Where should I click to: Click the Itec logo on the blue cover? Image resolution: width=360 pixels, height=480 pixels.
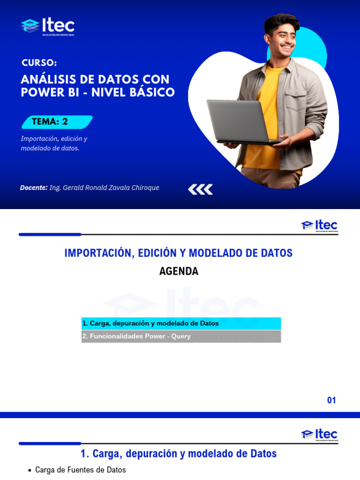tap(48, 26)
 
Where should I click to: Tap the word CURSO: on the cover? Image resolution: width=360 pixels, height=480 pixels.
tap(39, 63)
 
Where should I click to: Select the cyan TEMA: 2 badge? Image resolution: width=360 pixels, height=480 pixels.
tap(57, 122)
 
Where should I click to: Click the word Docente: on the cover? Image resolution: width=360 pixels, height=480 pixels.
tap(34, 187)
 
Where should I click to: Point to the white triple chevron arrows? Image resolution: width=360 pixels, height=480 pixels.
tap(200, 189)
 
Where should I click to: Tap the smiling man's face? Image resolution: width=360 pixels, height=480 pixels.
tap(281, 38)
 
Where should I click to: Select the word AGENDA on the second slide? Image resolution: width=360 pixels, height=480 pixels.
tap(179, 271)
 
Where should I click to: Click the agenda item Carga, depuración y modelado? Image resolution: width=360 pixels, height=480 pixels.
tap(150, 323)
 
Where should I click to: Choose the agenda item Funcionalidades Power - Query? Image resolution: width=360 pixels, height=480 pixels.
tap(136, 337)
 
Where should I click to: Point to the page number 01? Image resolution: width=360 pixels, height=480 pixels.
tap(331, 400)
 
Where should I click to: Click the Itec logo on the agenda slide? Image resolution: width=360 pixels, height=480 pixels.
tap(319, 225)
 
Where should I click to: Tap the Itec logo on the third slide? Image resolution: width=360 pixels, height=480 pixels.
tap(319, 435)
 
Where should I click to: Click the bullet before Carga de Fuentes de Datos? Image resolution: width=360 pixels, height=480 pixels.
tap(30, 470)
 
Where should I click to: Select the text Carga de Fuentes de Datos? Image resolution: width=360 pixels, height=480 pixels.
tap(81, 470)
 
